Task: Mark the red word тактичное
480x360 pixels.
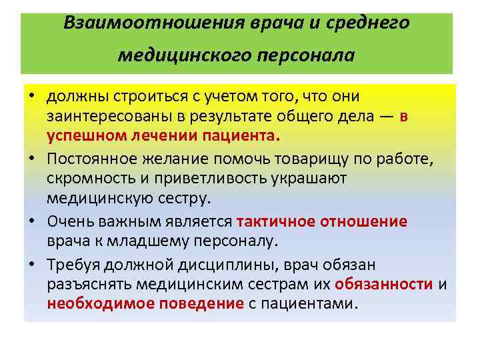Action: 275,222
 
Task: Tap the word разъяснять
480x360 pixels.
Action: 89,285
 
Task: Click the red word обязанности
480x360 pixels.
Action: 384,285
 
